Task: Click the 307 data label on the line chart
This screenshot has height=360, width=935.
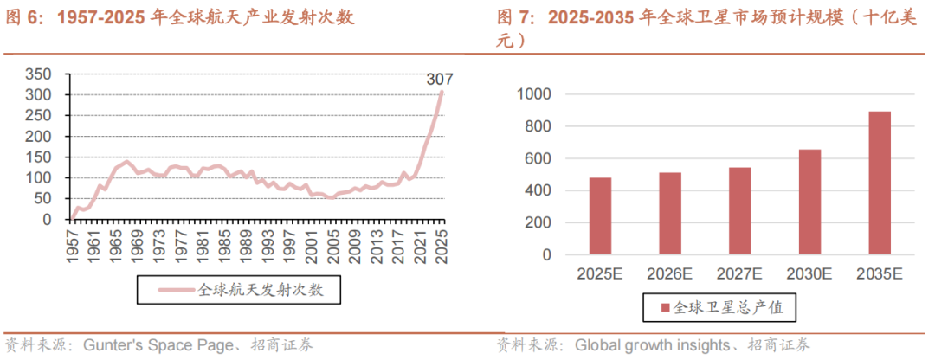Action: [x=440, y=80]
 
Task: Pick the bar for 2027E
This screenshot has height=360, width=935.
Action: [x=739, y=211]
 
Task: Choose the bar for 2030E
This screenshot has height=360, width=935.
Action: [x=809, y=202]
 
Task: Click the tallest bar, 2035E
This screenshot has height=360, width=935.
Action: [x=879, y=183]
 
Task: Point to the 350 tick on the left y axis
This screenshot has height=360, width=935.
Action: [x=39, y=74]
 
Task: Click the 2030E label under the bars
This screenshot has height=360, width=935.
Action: [x=809, y=273]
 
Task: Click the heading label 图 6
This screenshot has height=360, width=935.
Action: [x=24, y=17]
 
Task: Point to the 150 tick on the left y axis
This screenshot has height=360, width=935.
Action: [x=39, y=157]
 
